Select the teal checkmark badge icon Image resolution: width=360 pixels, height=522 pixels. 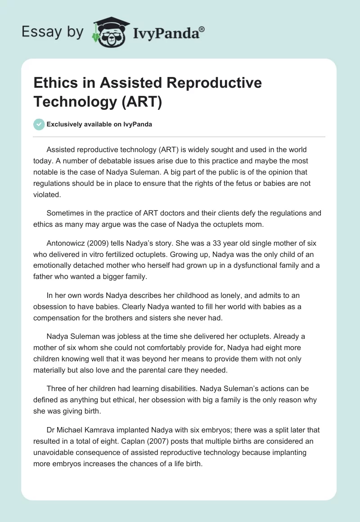tap(39, 124)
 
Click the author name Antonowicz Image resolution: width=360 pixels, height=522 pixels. tap(67, 243)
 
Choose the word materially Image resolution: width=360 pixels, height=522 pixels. tap(54, 370)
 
